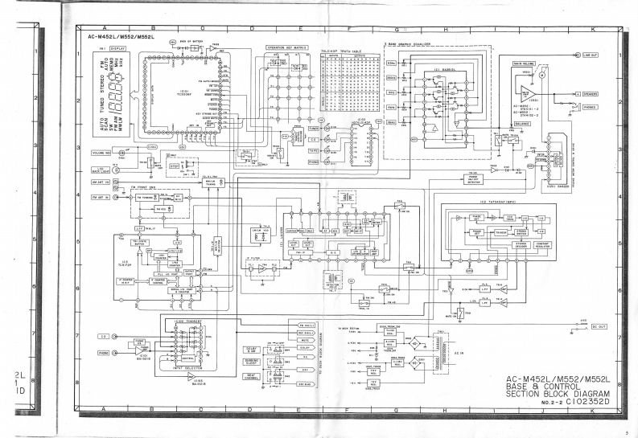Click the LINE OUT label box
coord(591,54)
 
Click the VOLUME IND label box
coord(101,151)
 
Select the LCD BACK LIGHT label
coord(99,170)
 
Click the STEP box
coord(174,168)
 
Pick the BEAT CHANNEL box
coord(250,375)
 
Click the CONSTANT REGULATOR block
coord(530,244)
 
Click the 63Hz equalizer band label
coord(392,63)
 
